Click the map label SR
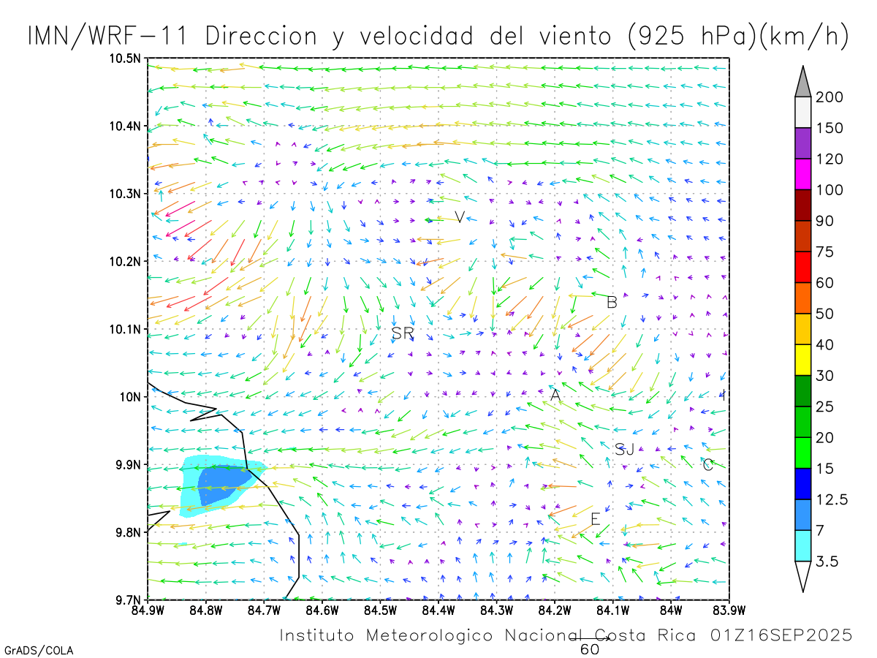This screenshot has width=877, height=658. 403,333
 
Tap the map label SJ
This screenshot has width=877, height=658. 624,449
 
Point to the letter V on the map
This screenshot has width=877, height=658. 460,216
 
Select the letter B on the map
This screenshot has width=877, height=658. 612,302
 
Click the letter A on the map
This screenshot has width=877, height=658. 555,396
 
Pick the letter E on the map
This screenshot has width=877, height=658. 596,519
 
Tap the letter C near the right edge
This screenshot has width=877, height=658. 707,464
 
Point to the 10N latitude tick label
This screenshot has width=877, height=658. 132,396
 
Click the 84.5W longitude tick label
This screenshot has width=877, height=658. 380,610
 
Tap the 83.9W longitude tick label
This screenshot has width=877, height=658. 729,610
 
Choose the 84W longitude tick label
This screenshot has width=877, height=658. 671,610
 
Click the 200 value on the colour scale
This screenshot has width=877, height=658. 829,97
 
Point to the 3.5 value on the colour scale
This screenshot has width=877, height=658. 827,561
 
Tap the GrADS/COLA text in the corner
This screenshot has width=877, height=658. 39,650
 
